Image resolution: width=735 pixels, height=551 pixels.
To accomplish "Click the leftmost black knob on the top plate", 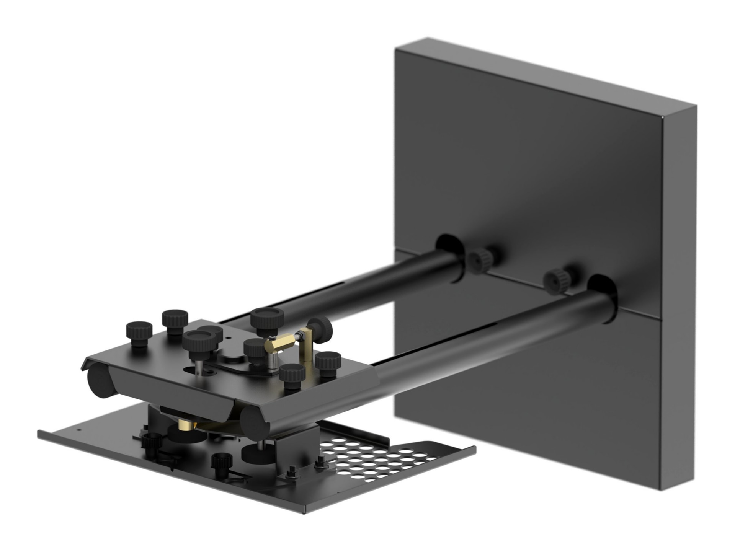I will [139, 334].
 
